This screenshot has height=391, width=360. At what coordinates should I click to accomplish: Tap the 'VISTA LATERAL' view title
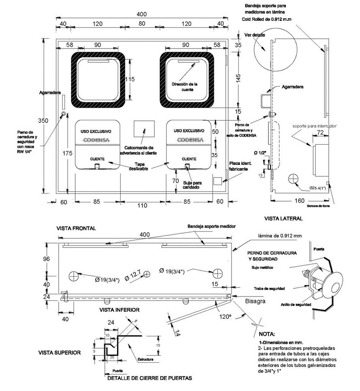pos(283,219)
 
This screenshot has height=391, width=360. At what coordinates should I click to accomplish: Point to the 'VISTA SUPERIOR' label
pos(59,353)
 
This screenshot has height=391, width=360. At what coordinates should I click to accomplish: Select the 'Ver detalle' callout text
pos(254,35)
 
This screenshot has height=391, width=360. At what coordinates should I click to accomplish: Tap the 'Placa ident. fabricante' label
pos(240,166)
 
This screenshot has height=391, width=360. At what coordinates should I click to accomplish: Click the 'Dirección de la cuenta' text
pos(184,87)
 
